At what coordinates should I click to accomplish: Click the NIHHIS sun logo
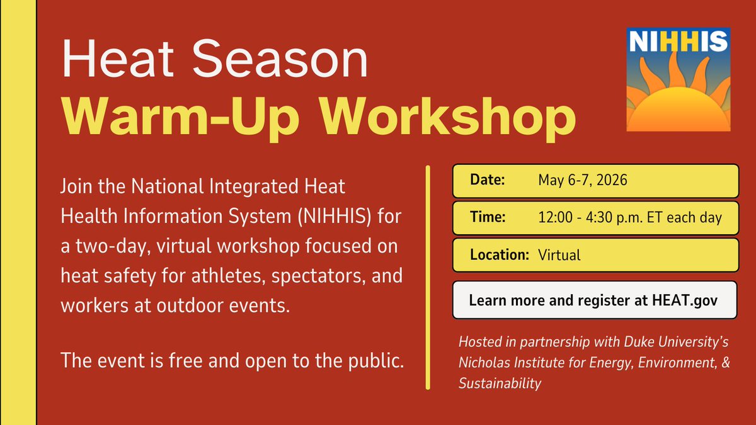678,79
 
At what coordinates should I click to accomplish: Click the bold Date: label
488,181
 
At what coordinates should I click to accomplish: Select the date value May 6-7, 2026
583,181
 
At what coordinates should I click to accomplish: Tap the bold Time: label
488,218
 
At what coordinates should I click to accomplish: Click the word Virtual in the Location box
559,255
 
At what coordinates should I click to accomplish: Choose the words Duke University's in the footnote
675,344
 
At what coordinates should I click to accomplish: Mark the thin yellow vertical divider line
428,277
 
